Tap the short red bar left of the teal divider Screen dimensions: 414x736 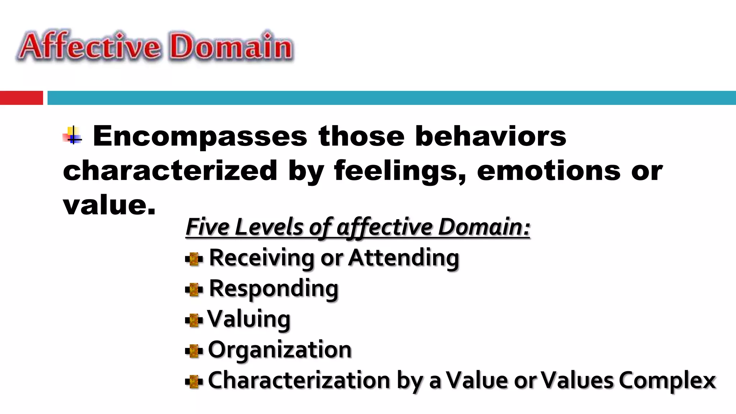tap(21, 98)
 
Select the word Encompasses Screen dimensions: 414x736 tap(200, 137)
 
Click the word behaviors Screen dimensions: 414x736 tap(491, 137)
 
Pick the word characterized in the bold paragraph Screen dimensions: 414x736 tap(170, 171)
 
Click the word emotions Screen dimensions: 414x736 tap(548, 171)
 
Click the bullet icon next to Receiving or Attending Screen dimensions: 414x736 tap(194, 259)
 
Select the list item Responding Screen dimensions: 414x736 tap(273, 289)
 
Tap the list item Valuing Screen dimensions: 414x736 tap(249, 319)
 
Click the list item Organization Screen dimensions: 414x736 tap(280, 350)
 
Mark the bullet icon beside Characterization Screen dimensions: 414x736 tap(194, 381)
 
